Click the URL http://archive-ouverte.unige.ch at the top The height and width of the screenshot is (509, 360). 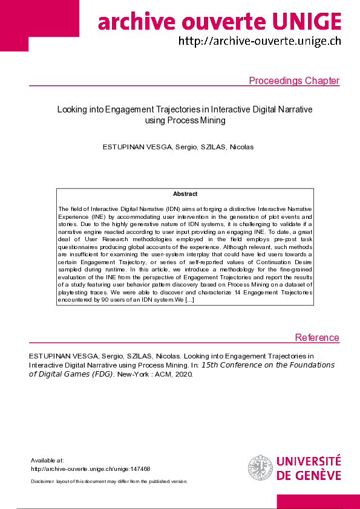pos(260,42)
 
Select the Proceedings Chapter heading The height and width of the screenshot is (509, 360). pos(294,81)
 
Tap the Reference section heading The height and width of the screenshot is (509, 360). pos(317,337)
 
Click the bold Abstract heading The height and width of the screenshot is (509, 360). pos(185,194)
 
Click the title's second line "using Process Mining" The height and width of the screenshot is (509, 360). pos(185,120)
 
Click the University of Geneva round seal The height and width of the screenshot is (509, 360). pos(260,467)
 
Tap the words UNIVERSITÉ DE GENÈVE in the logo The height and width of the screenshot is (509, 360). pos(309,467)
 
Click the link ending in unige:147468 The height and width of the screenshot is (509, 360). pos(90,468)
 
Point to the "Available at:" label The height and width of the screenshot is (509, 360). pos(47,460)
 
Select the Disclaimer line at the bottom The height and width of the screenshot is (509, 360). pos(109,481)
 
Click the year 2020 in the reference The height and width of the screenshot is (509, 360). pos(183,374)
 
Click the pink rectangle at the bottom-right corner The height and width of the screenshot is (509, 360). pos(318,502)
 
